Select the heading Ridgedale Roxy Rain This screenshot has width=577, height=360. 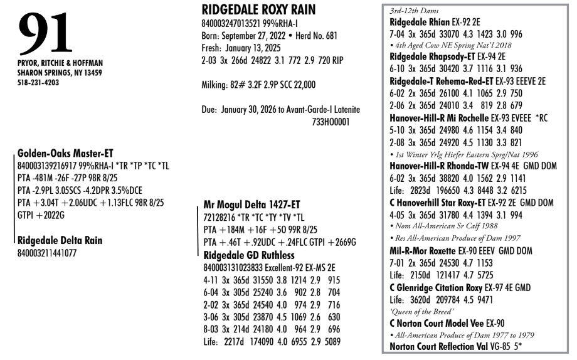tap(258, 9)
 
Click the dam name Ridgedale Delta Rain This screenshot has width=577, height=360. tap(60, 240)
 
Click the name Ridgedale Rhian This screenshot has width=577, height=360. tap(418, 21)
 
